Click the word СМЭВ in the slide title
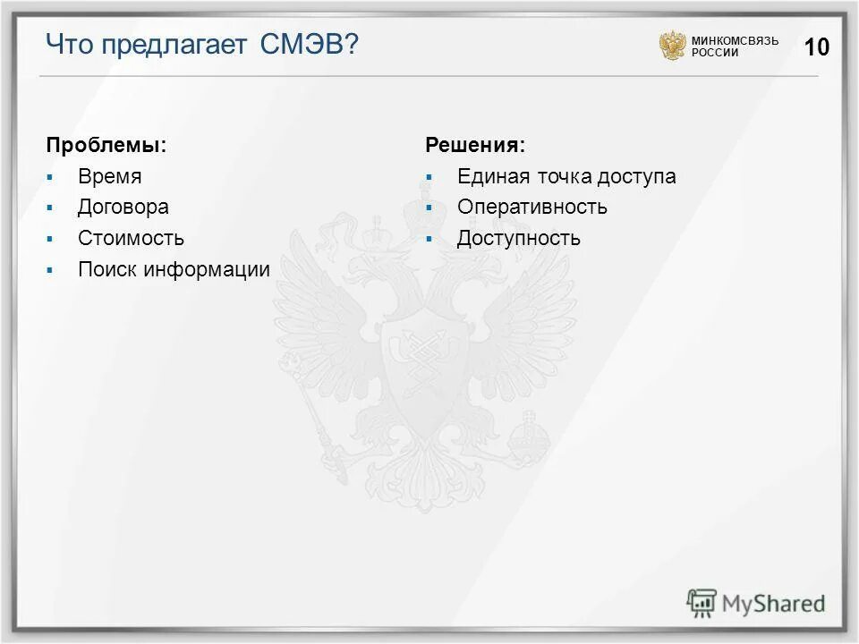(309, 45)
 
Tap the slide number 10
(817, 47)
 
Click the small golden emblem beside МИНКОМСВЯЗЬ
(672, 46)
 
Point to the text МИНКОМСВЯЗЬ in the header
(735, 40)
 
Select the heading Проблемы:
(106, 145)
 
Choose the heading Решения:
(475, 145)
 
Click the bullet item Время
(109, 177)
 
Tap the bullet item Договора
(123, 208)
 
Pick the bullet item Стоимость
(131, 239)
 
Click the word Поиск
(107, 270)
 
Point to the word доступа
(639, 177)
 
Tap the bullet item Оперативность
(532, 208)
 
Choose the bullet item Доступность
(518, 239)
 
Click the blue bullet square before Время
(51, 177)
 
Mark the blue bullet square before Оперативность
(429, 208)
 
